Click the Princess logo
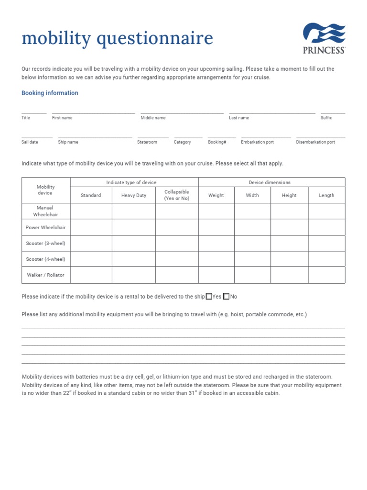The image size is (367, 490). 324,38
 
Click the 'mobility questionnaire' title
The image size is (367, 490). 117,39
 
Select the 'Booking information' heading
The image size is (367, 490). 50,93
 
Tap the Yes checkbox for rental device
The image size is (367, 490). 209,297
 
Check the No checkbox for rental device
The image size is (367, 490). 226,297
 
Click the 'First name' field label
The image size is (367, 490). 62,118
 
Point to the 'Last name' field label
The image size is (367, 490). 238,118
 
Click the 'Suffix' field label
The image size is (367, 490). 326,118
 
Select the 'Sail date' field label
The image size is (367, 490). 30,142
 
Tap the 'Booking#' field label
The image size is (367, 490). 217,142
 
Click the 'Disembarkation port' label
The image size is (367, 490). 315,142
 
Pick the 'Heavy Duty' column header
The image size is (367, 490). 134,195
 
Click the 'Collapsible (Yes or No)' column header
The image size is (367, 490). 177,195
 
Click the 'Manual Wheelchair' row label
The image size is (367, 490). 46,212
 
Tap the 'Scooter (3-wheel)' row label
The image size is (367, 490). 46,243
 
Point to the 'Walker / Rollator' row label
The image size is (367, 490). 46,275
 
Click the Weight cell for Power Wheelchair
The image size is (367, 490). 216,227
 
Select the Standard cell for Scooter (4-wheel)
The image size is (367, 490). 91,259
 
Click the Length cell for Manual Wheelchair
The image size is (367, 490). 326,212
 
